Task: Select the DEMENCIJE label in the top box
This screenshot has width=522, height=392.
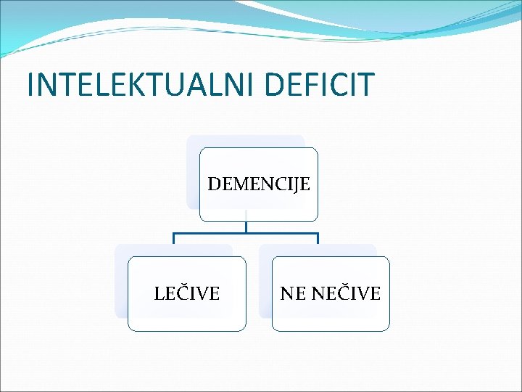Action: point(259,184)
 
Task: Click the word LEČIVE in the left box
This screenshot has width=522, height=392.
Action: point(187,294)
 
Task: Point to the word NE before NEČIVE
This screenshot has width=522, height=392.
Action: point(293,294)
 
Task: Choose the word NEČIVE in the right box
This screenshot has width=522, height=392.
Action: point(346,294)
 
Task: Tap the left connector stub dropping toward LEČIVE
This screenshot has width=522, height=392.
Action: point(173,239)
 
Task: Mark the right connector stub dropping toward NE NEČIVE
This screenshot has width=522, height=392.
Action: point(318,239)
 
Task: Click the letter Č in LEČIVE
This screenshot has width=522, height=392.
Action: point(182,293)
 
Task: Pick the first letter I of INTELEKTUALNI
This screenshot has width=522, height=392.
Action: point(30,84)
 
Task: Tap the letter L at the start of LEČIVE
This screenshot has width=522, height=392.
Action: point(159,294)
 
